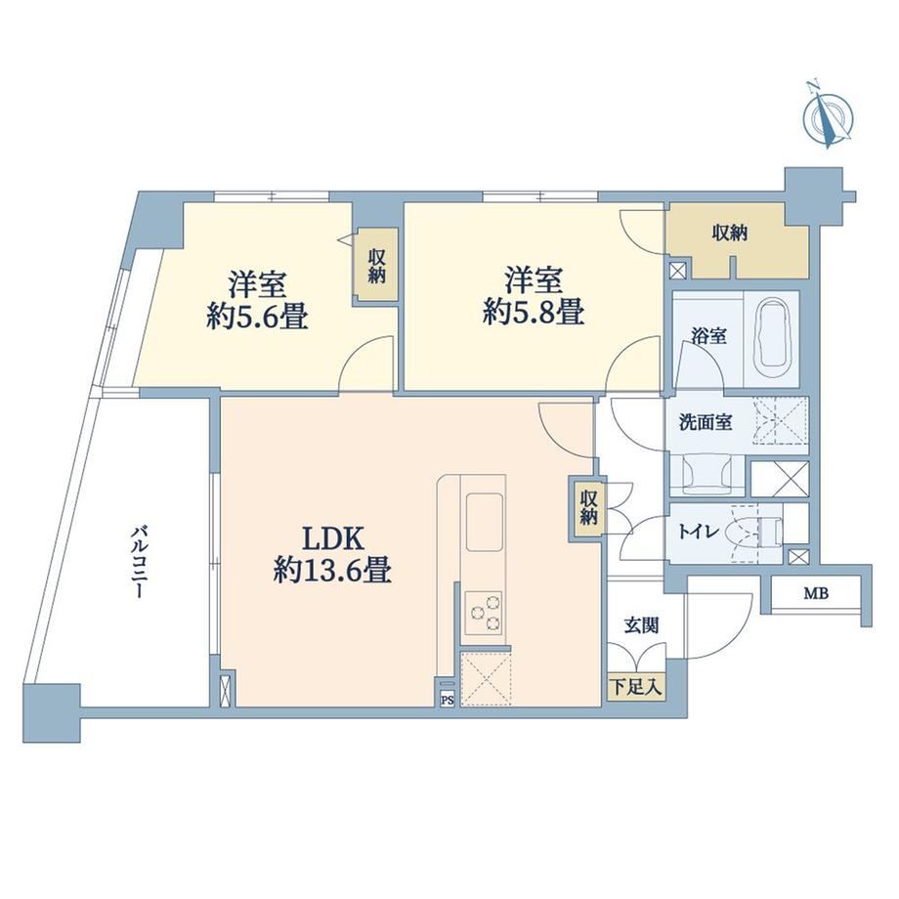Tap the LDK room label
332,539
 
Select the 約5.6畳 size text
257,317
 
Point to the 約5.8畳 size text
534,313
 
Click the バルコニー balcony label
138,562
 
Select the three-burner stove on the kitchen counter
484,613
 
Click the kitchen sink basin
484,522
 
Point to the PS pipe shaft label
448,700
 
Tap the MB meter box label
816,594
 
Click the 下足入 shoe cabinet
636,687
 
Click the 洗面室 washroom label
705,422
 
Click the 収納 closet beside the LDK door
587,507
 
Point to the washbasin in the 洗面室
706,474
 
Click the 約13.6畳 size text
332,571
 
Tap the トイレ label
699,532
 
